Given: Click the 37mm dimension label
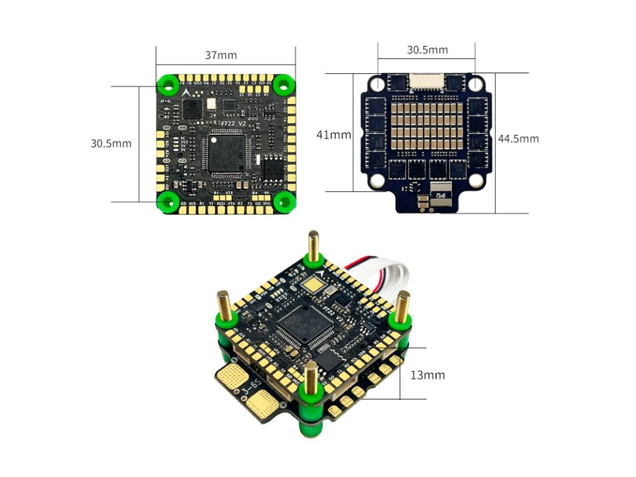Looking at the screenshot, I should point(221,55).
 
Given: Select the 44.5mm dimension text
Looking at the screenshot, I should point(518,139).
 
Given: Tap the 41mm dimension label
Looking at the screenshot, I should point(334,135).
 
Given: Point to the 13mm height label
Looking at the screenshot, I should point(427,375).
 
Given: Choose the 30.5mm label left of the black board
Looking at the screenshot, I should point(111,143).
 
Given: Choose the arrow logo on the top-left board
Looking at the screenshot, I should point(185,91).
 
